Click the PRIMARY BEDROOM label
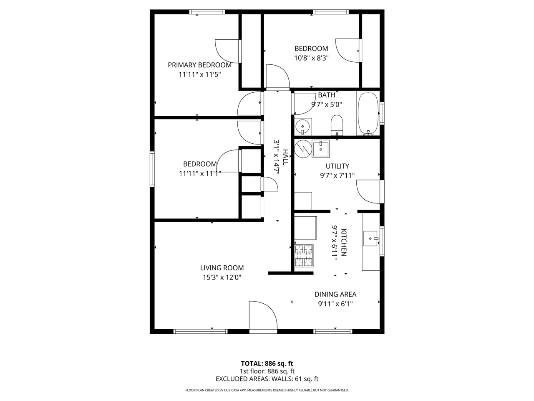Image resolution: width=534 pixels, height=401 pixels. [199, 65]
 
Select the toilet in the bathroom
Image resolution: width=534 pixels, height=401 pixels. [337, 125]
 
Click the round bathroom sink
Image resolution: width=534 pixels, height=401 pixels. [302, 125]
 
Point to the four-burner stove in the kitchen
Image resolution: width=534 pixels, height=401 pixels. [304, 256]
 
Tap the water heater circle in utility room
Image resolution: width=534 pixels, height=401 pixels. [303, 148]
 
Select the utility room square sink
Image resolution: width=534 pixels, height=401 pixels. [321, 148]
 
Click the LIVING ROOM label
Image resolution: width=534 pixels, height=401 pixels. [222, 268]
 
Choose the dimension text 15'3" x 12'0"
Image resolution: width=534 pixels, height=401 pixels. [222, 277]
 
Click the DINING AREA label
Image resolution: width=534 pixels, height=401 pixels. [335, 294]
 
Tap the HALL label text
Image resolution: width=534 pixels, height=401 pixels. [286, 157]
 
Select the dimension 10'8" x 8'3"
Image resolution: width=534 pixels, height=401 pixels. [311, 58]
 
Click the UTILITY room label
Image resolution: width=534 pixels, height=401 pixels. [337, 166]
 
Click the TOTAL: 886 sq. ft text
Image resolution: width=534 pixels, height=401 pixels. [267, 363]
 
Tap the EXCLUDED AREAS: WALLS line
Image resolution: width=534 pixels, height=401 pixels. [267, 379]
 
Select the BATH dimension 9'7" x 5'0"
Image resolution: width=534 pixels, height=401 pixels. [327, 104]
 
